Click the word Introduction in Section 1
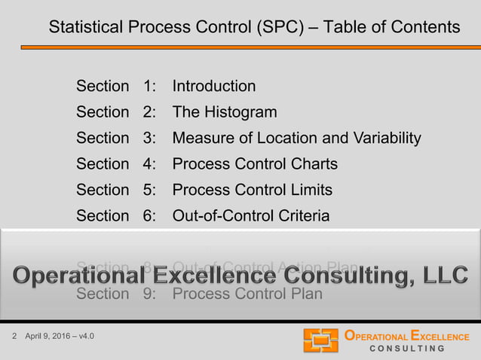coord(214,86)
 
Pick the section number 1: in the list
coord(149,86)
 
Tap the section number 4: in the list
coord(149,164)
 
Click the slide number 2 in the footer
coord(15,335)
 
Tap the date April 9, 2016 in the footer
coord(51,335)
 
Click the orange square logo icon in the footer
coord(320,340)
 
